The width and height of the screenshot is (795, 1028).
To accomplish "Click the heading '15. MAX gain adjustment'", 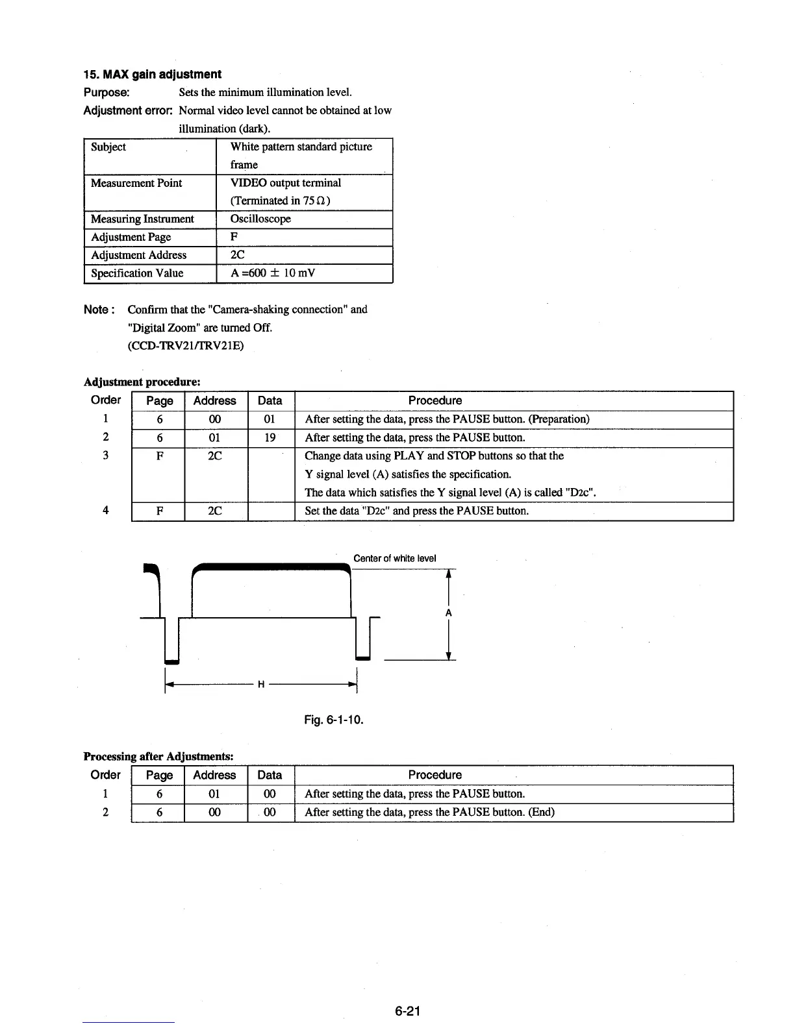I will click(x=153, y=74).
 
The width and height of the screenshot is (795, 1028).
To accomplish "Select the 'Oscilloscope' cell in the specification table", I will click(x=260, y=219).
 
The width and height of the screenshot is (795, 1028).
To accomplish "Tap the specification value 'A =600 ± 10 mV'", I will click(x=273, y=273).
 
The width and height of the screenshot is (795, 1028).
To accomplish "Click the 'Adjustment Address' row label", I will click(x=138, y=255).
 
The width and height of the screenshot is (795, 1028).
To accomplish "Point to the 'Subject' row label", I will click(x=108, y=147).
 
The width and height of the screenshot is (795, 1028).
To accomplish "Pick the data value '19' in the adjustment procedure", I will click(x=270, y=437).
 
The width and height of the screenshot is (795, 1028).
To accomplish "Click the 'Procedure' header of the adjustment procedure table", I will click(x=435, y=400).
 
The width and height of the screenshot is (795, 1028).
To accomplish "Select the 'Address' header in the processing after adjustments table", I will click(x=214, y=775).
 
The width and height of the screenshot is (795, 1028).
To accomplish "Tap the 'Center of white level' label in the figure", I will click(x=394, y=558).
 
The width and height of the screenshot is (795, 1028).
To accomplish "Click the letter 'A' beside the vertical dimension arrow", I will click(x=448, y=613).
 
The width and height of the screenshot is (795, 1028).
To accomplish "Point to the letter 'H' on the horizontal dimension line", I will click(x=260, y=685).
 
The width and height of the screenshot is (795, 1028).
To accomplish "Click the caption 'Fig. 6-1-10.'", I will click(x=334, y=720).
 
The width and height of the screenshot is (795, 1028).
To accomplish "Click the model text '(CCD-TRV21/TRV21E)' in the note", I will click(x=186, y=345).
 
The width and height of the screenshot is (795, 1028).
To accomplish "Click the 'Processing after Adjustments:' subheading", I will click(x=158, y=756).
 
